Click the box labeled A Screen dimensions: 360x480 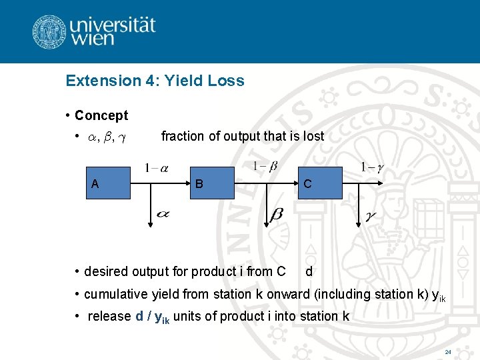109,183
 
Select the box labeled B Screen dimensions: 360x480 212,183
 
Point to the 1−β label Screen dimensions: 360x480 265,166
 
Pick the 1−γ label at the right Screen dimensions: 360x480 371,167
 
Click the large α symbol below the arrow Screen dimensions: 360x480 163,214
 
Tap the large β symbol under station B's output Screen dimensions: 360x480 275,215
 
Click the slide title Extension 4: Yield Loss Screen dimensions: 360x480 155,81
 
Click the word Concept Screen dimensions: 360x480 101,115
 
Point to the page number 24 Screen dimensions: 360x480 447,351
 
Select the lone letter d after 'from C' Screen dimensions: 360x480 309,271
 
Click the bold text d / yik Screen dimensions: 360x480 153,317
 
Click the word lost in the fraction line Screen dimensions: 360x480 313,136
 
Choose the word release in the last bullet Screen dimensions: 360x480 109,317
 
